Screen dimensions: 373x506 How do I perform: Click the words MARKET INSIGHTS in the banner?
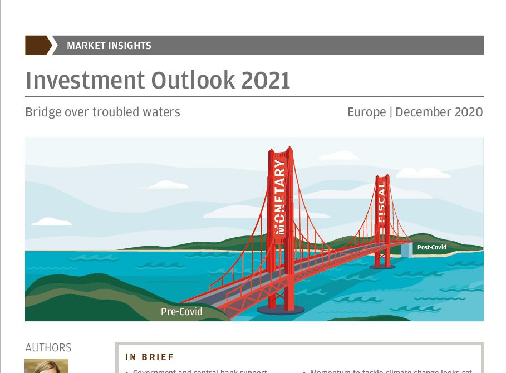coord(109,46)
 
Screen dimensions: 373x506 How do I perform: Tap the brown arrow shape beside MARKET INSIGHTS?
coord(38,46)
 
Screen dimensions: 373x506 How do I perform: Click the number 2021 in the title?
coord(266,80)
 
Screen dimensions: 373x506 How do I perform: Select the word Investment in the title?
coord(84,80)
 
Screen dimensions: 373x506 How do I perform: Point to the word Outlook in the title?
coord(191,80)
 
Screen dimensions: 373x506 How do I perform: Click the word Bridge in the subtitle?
coord(43,112)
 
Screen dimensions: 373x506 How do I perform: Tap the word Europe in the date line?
coord(366,112)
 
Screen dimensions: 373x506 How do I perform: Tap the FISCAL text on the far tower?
coord(382,200)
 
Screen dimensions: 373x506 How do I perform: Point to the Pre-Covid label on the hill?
coord(181,312)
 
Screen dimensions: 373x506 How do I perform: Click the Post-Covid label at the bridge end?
coord(432,248)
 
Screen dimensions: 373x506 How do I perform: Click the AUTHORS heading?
coord(48,348)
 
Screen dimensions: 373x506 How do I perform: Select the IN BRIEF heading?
coord(150,357)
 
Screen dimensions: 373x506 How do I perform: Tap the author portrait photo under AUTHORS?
coord(46,366)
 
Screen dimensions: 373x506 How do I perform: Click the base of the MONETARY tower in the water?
coord(282,310)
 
